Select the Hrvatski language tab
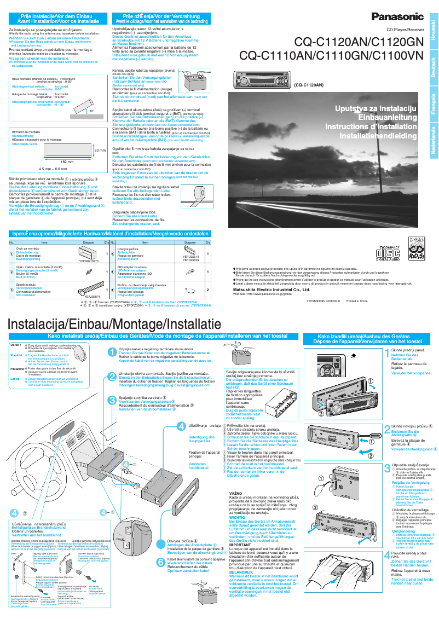[433, 28]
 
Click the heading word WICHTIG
[236, 517]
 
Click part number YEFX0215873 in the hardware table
[89, 261]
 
